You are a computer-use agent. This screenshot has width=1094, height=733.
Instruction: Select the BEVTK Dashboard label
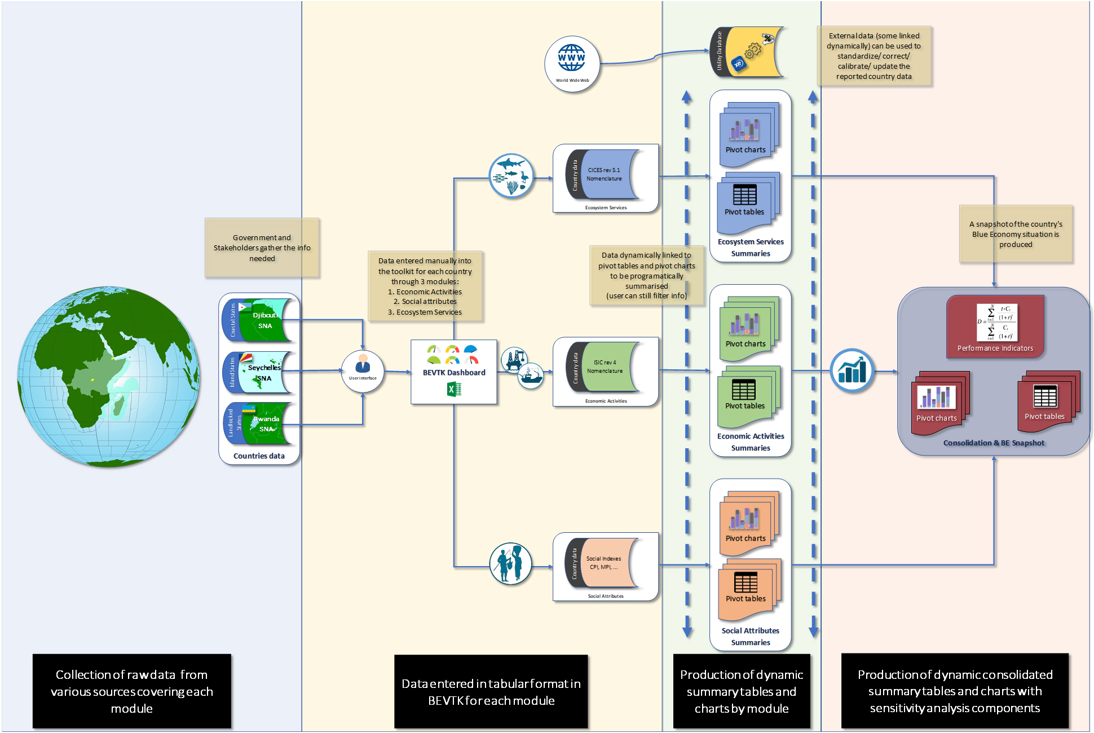pos(454,373)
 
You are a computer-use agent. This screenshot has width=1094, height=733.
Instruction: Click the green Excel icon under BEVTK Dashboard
pos(454,389)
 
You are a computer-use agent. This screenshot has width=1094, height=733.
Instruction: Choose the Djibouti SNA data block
pos(262,320)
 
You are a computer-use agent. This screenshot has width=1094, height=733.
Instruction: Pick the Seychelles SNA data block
pos(262,372)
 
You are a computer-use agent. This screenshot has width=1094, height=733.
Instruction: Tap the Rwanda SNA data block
pos(262,423)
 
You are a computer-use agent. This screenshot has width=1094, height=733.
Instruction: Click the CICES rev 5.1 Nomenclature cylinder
pos(606,174)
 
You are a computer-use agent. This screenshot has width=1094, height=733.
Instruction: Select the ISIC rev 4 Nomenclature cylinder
pos(606,367)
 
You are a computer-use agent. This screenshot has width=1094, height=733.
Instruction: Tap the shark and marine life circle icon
pos(511,175)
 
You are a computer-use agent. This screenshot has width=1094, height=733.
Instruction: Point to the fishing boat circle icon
pos(531,376)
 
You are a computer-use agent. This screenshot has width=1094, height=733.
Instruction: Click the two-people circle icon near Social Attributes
pos(510,564)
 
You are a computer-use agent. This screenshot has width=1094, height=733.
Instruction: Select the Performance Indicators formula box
pos(995,326)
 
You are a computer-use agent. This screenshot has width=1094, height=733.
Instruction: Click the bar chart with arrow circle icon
pos(852,370)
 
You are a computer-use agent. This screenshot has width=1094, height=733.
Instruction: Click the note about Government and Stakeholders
pos(262,248)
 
